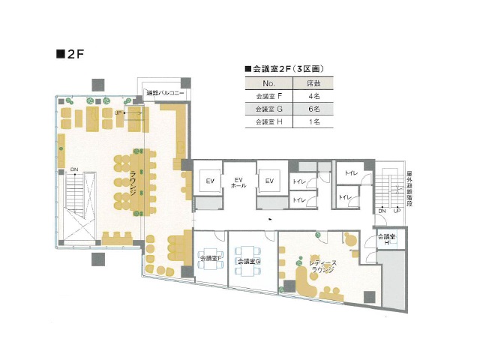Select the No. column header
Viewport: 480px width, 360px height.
coord(271,82)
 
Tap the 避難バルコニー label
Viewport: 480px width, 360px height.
coord(166,94)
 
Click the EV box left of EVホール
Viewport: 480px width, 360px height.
coord(210,181)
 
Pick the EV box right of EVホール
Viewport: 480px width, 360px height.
coord(268,181)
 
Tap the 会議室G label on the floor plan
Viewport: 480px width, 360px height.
coord(247,261)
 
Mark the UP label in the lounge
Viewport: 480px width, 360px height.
coord(118,112)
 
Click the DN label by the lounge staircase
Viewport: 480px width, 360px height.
coord(74,170)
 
